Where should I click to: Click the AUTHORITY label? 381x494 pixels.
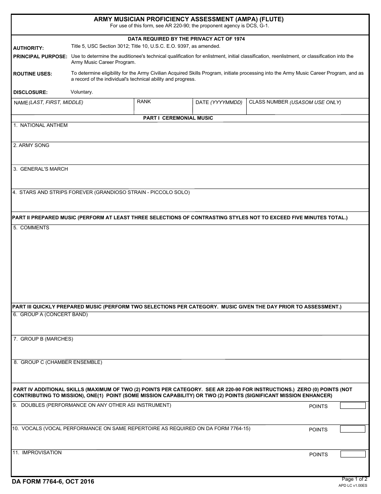[28, 48]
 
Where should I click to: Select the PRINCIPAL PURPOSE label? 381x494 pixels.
[40, 57]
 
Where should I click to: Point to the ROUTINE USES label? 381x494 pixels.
[32, 74]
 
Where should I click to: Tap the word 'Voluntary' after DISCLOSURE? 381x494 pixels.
[82, 92]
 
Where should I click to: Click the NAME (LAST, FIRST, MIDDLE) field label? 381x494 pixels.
[48, 102]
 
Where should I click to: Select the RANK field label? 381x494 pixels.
[144, 102]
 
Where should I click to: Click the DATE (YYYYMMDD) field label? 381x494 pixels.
[219, 102]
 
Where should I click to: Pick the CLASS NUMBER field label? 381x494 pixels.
[295, 102]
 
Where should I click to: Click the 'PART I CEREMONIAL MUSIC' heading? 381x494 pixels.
[178, 118]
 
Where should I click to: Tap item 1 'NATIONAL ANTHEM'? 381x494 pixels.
[41, 125]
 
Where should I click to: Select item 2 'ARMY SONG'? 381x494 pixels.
[31, 145]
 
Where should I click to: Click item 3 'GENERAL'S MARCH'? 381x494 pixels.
[41, 169]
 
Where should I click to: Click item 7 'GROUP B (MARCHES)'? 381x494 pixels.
[43, 339]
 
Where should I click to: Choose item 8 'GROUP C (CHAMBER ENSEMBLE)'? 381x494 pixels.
[58, 362]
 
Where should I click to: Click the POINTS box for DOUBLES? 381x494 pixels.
[353, 406]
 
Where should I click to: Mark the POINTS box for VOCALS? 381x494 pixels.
[353, 429]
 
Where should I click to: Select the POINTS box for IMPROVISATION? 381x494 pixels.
[353, 454]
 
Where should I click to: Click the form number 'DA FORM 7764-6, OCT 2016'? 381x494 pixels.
[53, 482]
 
